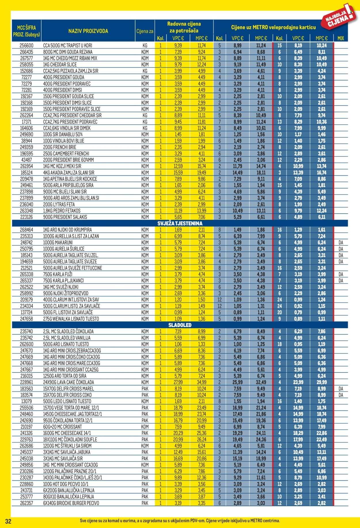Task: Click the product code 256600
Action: (26, 45)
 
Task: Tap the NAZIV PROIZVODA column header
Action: (88, 31)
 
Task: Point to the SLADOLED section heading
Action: (180, 325)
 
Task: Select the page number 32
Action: (8, 521)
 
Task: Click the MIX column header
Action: (340, 38)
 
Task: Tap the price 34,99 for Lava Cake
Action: (202, 382)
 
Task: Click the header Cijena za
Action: (145, 31)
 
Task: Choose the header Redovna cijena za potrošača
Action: (184, 27)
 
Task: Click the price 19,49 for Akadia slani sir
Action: (202, 172)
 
